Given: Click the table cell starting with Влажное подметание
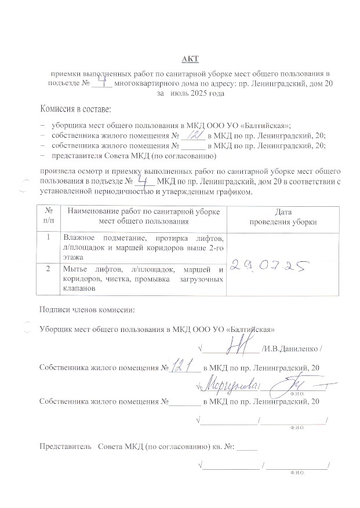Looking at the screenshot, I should click(143, 247).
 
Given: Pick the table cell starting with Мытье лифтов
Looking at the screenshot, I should click(143, 279).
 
